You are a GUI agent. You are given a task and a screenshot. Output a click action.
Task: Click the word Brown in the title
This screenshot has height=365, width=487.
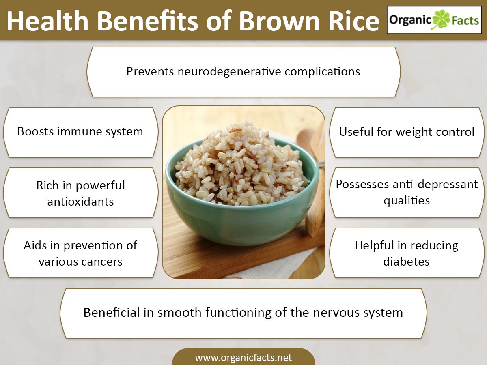[279, 21]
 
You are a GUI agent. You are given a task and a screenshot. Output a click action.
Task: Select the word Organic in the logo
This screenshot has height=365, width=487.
[410, 20]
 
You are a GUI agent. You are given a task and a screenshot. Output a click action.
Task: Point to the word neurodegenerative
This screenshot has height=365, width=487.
[229, 72]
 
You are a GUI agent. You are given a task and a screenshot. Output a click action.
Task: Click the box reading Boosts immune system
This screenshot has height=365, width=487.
[80, 132]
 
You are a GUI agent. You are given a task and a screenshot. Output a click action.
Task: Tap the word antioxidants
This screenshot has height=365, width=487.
[80, 202]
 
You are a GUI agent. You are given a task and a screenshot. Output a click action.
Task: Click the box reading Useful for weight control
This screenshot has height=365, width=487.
[407, 132]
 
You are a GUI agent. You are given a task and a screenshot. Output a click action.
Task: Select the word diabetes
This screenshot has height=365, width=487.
[406, 262]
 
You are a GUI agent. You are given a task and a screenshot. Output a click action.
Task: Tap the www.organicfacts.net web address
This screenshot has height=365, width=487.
[243, 357]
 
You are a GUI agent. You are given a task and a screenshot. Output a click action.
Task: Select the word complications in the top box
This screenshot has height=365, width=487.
[322, 72]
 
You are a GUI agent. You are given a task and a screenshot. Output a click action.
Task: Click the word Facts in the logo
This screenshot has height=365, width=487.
[465, 21]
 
